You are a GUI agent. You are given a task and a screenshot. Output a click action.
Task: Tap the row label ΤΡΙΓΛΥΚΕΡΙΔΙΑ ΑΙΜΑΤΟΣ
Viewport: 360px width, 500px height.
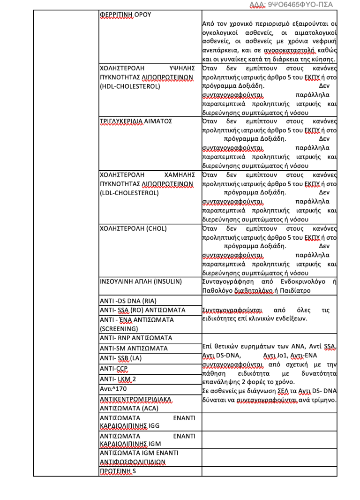coord(136,121)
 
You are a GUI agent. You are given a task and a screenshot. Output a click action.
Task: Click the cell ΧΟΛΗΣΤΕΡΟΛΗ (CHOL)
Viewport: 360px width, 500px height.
coord(134,229)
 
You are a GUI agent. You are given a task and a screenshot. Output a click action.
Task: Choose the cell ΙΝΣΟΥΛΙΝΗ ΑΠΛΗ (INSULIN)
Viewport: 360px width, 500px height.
coord(141,282)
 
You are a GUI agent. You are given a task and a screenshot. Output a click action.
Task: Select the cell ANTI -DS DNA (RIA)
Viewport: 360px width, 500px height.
coord(128,301)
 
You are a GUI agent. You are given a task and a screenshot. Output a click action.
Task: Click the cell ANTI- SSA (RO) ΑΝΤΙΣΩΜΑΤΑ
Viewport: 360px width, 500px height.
coord(143,310)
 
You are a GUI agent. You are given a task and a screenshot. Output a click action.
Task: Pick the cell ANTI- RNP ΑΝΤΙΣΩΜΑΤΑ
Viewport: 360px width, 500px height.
coord(136,338)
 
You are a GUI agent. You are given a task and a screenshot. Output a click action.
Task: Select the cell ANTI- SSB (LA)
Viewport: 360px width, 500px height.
coord(120,358)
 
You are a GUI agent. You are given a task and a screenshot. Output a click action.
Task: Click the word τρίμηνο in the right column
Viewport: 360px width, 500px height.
coord(324,400)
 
